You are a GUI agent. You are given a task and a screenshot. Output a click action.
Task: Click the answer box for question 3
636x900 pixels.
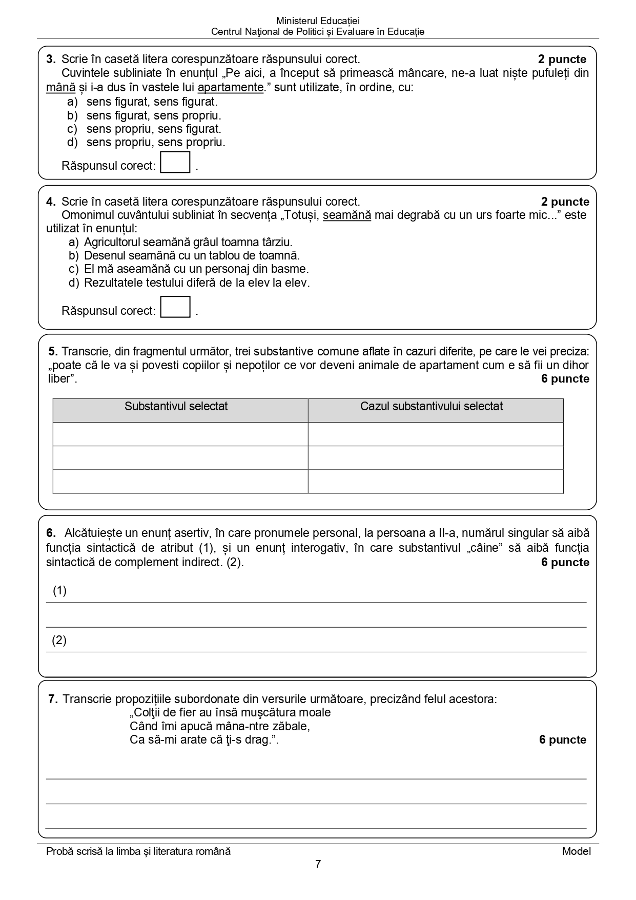pyautogui.click(x=175, y=163)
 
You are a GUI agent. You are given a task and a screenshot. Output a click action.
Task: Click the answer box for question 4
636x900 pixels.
pyautogui.click(x=175, y=307)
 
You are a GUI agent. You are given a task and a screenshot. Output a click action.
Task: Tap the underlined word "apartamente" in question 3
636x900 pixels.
pyautogui.click(x=231, y=87)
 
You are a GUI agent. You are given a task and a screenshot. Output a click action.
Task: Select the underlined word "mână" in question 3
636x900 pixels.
pyautogui.click(x=60, y=87)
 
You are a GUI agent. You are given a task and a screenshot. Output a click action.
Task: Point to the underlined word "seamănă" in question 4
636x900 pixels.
pyautogui.click(x=346, y=215)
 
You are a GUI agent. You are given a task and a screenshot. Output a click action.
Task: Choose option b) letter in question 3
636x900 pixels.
pyautogui.click(x=72, y=115)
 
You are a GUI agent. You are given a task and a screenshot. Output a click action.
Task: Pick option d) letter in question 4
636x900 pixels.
pyautogui.click(x=74, y=283)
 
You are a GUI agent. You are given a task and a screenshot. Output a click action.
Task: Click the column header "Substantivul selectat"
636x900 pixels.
pyautogui.click(x=176, y=407)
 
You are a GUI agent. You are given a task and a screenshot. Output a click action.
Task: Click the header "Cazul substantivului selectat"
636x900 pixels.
pyautogui.click(x=431, y=407)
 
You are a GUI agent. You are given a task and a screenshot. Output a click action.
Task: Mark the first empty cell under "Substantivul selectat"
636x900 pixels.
pyautogui.click(x=180, y=434)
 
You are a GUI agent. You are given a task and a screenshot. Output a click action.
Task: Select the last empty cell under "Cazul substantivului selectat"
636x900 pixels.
pyautogui.click(x=436, y=481)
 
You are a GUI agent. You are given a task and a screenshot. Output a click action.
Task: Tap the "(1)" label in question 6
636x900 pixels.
pyautogui.click(x=60, y=591)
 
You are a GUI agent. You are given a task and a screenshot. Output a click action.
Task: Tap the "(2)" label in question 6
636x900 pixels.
pyautogui.click(x=59, y=640)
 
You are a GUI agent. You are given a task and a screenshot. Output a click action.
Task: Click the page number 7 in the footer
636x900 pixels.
pyautogui.click(x=318, y=864)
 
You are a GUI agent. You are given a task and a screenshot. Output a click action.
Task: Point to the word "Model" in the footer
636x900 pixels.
pyautogui.click(x=576, y=851)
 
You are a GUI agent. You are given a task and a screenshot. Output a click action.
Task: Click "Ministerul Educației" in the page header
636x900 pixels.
pyautogui.click(x=318, y=21)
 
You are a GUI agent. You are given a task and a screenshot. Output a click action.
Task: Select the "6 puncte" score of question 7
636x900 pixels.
pyautogui.click(x=562, y=739)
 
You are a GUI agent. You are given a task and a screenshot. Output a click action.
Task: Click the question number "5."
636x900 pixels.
pyautogui.click(x=53, y=351)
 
